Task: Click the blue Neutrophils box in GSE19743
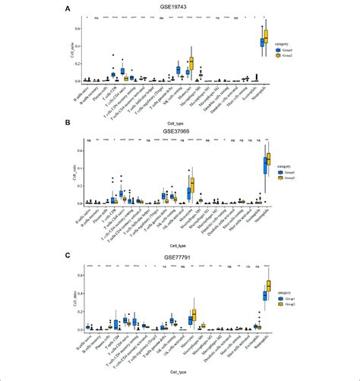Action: point(262,42)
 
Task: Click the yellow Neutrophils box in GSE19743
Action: point(267,36)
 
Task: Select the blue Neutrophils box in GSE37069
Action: point(263,165)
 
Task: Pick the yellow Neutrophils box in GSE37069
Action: point(267,162)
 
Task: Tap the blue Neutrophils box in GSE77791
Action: point(263,294)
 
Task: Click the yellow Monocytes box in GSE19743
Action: point(191,64)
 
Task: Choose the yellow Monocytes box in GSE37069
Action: point(191,185)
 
